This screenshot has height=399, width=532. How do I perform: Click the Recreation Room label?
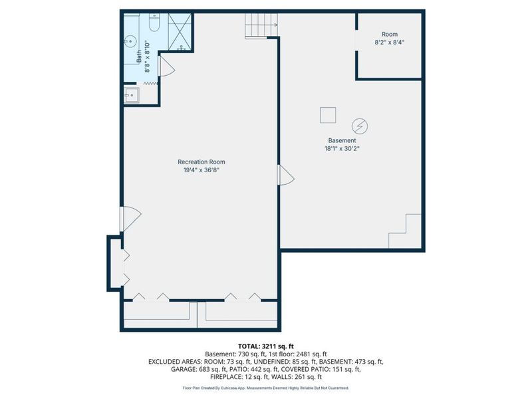(201, 162)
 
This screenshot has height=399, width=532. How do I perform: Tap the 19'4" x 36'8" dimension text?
(201, 170)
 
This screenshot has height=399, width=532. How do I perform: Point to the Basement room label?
(342, 140)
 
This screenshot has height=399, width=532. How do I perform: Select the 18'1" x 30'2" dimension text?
(342, 148)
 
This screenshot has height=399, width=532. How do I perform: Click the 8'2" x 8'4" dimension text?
(390, 43)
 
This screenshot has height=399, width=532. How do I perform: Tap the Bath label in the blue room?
(139, 57)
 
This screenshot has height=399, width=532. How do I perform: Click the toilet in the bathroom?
(154, 23)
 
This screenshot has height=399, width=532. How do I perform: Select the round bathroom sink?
(130, 41)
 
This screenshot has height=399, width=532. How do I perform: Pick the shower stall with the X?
(180, 32)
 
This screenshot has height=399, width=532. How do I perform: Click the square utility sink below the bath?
(131, 95)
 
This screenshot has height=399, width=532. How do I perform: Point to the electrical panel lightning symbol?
(360, 126)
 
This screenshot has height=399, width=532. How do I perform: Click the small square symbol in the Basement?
(328, 115)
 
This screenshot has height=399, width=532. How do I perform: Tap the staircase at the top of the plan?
(261, 25)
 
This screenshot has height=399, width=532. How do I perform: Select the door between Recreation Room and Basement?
(286, 175)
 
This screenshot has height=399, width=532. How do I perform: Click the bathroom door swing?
(166, 66)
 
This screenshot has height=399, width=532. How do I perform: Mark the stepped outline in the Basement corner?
(405, 231)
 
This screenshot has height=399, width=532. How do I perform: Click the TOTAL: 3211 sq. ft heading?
(265, 346)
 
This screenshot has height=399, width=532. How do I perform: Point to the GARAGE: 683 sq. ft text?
(198, 369)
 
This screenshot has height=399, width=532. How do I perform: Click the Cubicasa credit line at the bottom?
(265, 388)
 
